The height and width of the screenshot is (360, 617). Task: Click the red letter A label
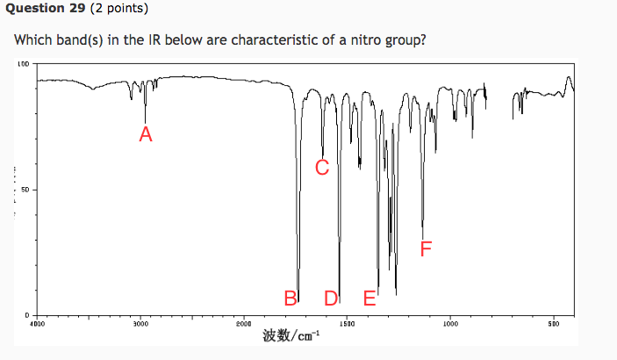point(146,134)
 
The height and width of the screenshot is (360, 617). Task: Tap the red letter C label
point(322,167)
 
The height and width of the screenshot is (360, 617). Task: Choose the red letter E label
point(369,299)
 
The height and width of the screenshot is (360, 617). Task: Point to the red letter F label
point(426,249)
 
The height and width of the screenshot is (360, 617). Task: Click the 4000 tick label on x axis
point(36,324)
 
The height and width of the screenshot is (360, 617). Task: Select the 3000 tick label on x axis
point(140,324)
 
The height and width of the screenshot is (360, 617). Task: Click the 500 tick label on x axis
point(554,324)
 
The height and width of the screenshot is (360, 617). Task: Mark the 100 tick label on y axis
point(23,64)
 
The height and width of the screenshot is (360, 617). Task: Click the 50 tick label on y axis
point(25,190)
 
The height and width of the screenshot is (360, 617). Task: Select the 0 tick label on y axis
point(27,314)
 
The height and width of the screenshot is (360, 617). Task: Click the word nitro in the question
point(356,41)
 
